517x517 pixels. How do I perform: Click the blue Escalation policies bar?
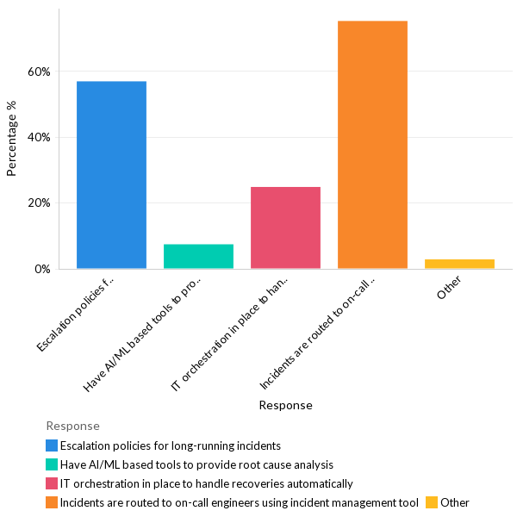(111, 175)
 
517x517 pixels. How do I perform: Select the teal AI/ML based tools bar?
(198, 257)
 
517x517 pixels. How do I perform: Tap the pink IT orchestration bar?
(285, 228)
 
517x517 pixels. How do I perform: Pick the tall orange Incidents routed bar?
(372, 145)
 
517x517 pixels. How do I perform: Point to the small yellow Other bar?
(459, 264)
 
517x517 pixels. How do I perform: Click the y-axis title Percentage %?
(11, 138)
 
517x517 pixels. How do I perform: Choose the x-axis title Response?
(285, 405)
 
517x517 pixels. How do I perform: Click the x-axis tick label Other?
(449, 288)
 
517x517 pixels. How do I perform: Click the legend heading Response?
(72, 426)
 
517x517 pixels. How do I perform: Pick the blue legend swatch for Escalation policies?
(52, 445)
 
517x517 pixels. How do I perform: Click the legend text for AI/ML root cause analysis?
(196, 464)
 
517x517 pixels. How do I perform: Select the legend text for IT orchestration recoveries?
(206, 483)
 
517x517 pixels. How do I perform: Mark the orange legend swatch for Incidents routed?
(52, 502)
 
